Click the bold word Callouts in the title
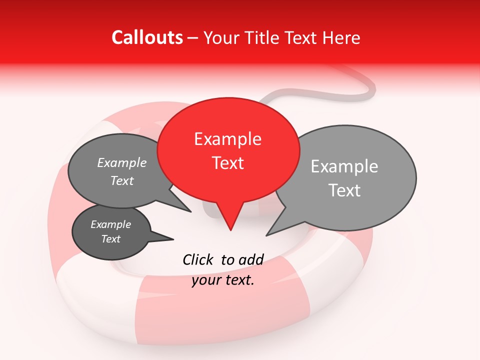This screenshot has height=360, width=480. point(147,37)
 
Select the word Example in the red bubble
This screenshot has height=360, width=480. point(227,139)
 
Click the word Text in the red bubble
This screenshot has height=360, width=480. point(227,163)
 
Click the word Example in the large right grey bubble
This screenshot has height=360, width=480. point(344,166)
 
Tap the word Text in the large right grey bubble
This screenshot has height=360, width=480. point(345,190)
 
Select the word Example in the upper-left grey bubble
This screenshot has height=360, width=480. point(122,163)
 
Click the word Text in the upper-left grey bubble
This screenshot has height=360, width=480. point(122,180)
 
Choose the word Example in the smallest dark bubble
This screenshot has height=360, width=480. point(111,224)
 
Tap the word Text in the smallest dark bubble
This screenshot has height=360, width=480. point(111,239)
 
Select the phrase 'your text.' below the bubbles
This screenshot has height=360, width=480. point(223,280)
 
